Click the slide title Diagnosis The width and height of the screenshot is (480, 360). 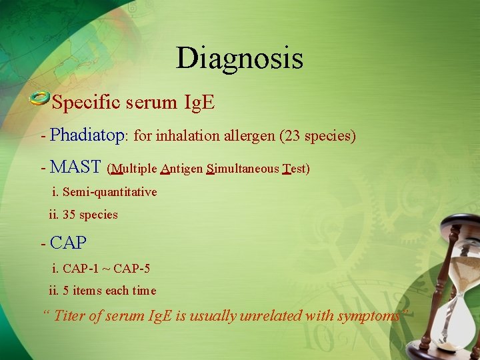click(x=239, y=58)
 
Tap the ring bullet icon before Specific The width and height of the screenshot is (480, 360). click(x=40, y=99)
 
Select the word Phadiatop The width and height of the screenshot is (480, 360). click(x=87, y=135)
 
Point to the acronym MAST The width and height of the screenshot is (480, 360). click(x=75, y=167)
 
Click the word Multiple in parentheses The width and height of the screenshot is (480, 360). click(x=134, y=169)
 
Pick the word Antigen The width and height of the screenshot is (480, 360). click(x=181, y=169)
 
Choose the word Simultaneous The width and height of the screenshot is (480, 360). click(x=243, y=169)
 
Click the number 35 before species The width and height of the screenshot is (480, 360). click(x=69, y=215)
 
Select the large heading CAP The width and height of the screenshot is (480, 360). click(x=68, y=243)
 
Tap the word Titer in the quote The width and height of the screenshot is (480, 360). click(x=70, y=315)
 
